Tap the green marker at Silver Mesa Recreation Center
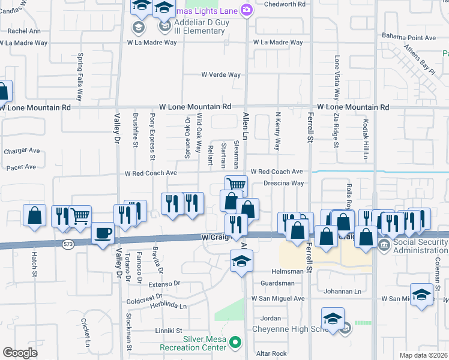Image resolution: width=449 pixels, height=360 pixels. (x=236, y=343)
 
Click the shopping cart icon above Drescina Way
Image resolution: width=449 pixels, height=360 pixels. (x=237, y=185)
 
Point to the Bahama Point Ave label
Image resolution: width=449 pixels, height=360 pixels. (x=409, y=37)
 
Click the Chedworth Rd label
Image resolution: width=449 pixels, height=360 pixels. (x=285, y=4)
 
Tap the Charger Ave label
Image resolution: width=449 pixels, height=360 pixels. (x=21, y=151)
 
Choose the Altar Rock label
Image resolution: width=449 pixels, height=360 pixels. (x=271, y=354)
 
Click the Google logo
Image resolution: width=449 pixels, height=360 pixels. (x=20, y=353)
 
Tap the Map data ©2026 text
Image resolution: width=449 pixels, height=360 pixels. (x=423, y=355)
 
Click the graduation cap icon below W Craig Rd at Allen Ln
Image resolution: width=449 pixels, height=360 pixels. (x=241, y=261)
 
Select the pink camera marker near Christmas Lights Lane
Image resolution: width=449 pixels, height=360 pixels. (x=246, y=10)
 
